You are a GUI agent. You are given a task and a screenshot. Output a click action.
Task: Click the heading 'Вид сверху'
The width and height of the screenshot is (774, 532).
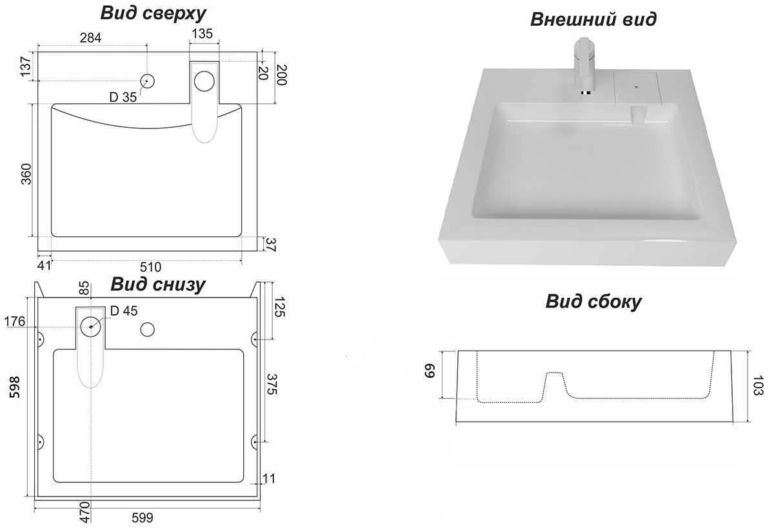[x=152, y=13]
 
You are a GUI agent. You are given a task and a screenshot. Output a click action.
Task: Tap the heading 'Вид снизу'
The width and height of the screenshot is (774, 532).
[x=158, y=285]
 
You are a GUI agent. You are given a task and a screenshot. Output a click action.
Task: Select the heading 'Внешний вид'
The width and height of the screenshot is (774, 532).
[x=593, y=19]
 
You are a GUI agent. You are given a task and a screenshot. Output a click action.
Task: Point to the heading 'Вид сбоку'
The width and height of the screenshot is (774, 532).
[x=593, y=302]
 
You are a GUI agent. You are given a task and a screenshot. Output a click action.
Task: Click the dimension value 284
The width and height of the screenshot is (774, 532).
[x=90, y=37]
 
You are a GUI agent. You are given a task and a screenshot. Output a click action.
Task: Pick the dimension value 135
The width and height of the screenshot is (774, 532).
[x=202, y=35]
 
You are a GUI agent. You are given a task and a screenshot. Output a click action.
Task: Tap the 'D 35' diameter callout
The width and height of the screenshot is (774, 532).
[x=123, y=98]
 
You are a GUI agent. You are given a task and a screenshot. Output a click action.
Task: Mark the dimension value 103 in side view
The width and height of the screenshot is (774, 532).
[x=759, y=388]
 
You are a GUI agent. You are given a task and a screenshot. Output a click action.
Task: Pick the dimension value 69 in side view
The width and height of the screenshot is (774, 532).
[x=430, y=373]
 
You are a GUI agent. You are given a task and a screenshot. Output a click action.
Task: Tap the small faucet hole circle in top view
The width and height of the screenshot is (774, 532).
[x=148, y=81]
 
